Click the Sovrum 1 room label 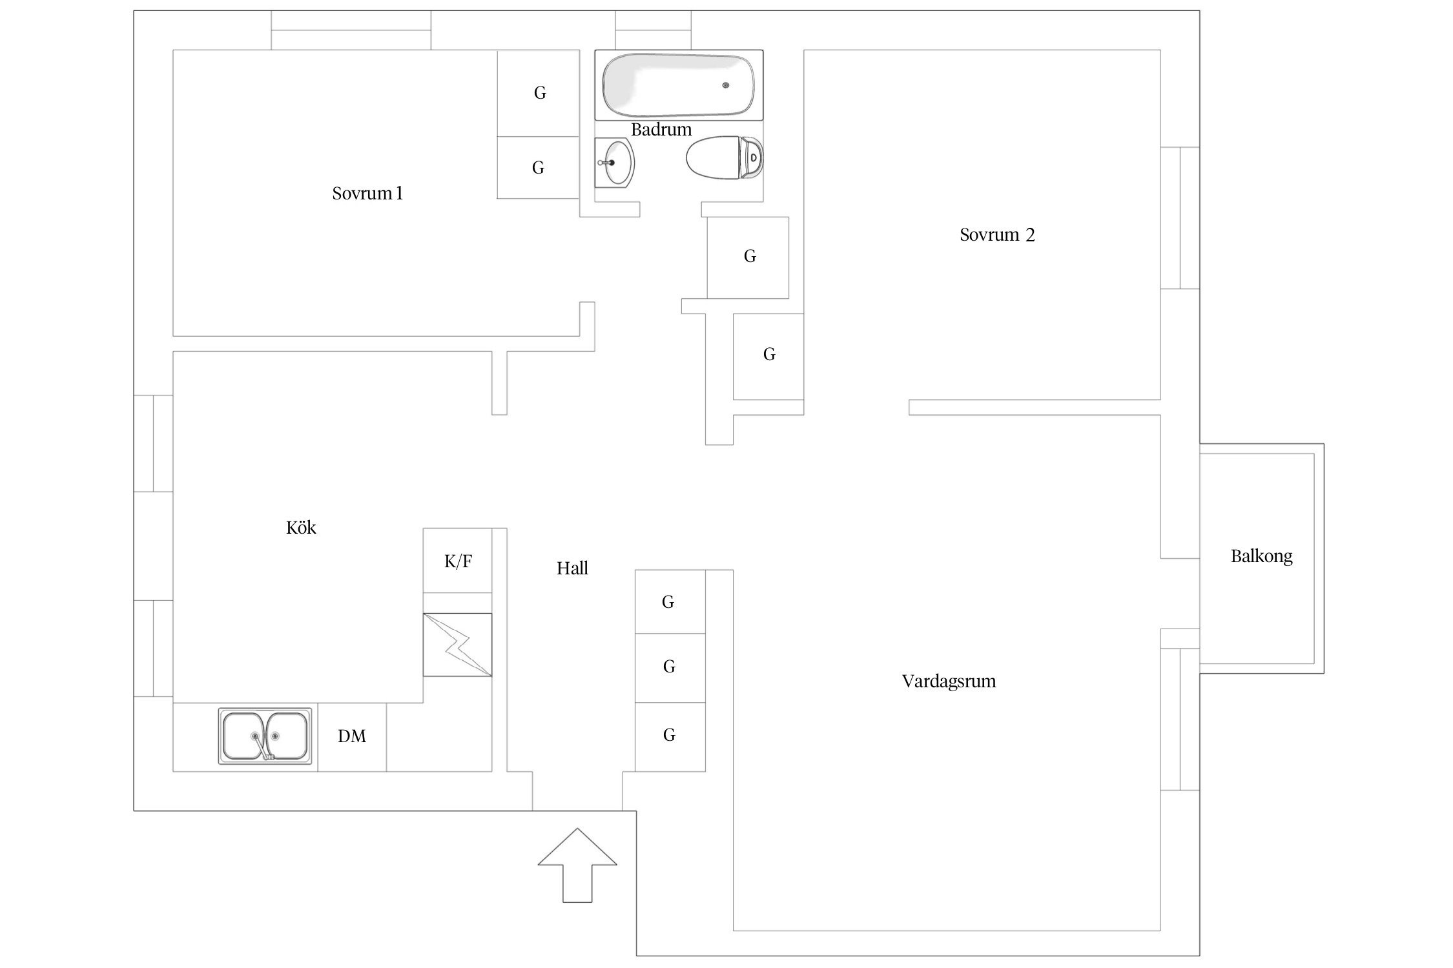pos(367,194)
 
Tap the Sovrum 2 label pos(996,235)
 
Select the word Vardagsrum pos(949,681)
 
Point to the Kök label pos(301,528)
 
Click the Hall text pos(572,569)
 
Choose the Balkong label pos(1261,556)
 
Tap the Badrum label pos(661,130)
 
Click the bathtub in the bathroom pos(678,85)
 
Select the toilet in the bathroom pos(724,157)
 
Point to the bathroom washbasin pos(614,163)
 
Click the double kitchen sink pos(265,736)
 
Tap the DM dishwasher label pos(352,736)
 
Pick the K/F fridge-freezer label pos(458,561)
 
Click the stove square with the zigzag pos(457,645)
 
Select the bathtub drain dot pos(726,85)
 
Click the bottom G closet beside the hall pos(670,736)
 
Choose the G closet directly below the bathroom pos(748,257)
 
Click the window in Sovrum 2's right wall pos(1180,218)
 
